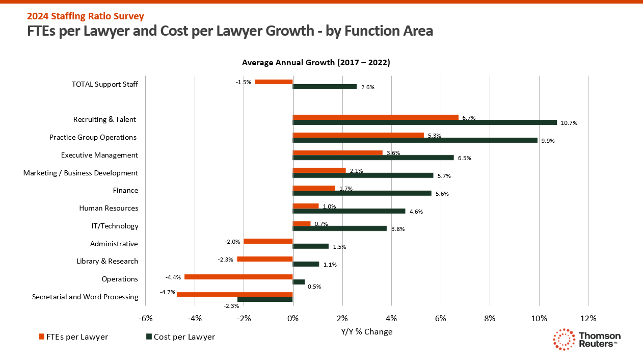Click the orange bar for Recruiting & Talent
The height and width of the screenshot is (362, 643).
coord(376,117)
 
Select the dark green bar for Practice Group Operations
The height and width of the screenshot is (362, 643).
coord(415,140)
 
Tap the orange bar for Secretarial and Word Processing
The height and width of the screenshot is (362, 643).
coord(234,294)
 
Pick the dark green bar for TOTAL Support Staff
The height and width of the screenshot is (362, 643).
coord(325,87)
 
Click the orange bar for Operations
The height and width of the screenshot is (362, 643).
coord(238,277)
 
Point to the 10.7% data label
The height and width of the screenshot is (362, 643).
coord(570,123)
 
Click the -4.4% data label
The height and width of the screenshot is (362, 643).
coord(173,277)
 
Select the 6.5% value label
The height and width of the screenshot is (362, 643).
coord(464,158)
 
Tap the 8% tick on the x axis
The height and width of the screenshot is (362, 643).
coord(490,318)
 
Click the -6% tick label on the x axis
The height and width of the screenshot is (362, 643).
coord(145,318)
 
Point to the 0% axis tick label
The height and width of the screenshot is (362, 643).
coord(292,318)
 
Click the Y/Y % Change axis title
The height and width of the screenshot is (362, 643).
coord(367,332)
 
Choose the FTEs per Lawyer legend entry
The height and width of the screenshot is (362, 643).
coord(73,337)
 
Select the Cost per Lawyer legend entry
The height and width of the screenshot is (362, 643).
coord(180,337)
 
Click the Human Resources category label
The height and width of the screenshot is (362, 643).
coord(109,208)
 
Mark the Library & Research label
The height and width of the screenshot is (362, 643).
coord(107,261)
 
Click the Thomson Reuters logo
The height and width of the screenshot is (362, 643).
coord(587,340)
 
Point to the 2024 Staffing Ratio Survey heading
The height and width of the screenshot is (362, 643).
coord(86,16)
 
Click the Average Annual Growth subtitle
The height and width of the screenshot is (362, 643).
coord(316,63)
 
